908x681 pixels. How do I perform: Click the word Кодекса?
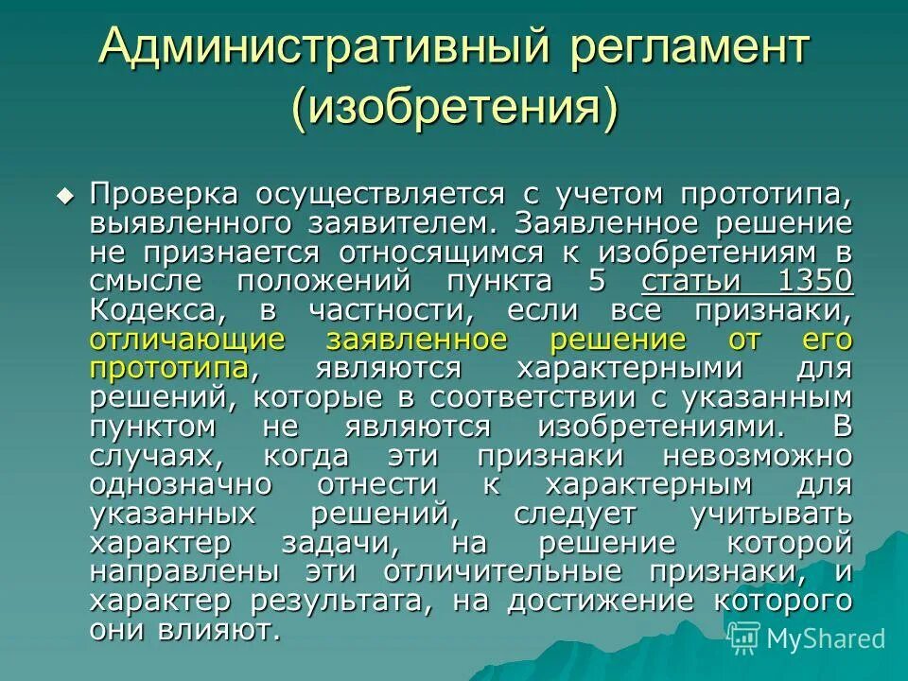coord(159,310)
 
